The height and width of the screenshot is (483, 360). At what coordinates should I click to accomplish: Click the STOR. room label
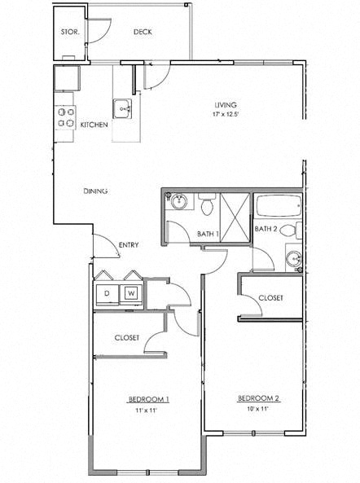click(x=69, y=33)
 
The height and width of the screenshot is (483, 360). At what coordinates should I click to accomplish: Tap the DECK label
click(x=143, y=33)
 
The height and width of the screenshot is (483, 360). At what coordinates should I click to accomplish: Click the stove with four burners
click(x=65, y=118)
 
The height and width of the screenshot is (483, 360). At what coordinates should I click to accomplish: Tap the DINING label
click(x=96, y=191)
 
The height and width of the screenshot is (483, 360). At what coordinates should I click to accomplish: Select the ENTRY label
click(x=128, y=244)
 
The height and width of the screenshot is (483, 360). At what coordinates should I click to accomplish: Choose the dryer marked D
click(x=106, y=293)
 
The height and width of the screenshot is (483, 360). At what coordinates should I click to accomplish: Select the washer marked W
click(x=130, y=293)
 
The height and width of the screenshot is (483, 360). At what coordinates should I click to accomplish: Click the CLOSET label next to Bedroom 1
click(x=127, y=337)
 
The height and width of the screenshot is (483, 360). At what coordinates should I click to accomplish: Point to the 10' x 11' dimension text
click(x=258, y=408)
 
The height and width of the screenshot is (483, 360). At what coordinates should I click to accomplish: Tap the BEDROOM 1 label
click(x=148, y=399)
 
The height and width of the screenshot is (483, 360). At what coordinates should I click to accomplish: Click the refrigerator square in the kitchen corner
click(x=66, y=79)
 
